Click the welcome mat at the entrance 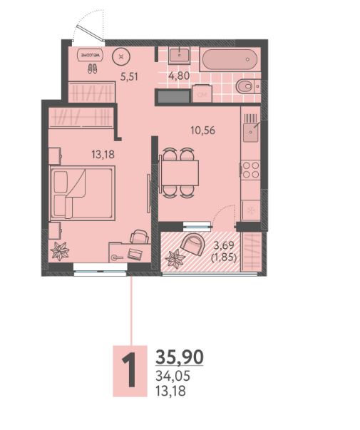91,55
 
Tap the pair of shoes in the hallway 92,68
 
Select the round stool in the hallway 121,56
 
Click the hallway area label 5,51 129,76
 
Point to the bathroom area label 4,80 179,76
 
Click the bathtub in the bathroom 230,59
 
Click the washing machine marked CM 202,93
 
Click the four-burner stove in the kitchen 251,170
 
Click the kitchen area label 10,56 203,130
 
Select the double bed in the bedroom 82,193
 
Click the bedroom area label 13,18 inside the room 103,155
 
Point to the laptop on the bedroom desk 135,254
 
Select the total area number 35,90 180,357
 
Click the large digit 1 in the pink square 130,371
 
